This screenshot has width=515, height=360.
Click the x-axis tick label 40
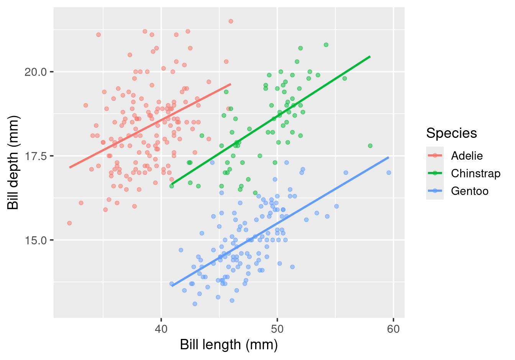pos(161,329)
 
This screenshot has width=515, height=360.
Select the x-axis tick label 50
pos(277,329)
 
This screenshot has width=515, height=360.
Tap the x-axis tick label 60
pos(393,329)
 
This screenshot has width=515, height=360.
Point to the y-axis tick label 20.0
pos(36,72)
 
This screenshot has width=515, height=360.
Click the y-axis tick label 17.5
pos(36,156)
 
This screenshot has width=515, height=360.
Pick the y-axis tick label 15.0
pos(36,241)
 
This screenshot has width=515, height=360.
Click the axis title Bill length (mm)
pos(229,345)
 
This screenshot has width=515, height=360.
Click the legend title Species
pos(451,133)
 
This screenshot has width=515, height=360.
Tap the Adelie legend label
pos(467,156)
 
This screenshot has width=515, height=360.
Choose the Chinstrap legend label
pos(476,173)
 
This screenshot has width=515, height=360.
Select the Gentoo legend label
pos(470,191)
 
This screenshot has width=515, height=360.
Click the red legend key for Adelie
pos(435,155)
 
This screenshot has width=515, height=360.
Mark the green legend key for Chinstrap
pos(435,173)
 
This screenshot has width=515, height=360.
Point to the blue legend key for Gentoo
pos(435,191)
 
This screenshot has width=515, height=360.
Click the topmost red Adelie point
pos(231,21)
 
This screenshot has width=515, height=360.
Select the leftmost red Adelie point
pos(69,223)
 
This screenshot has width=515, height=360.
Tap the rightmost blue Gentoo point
pos(389,173)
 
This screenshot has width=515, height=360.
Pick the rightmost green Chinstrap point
pos(370,146)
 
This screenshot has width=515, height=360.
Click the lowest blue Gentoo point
pos(195,304)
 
